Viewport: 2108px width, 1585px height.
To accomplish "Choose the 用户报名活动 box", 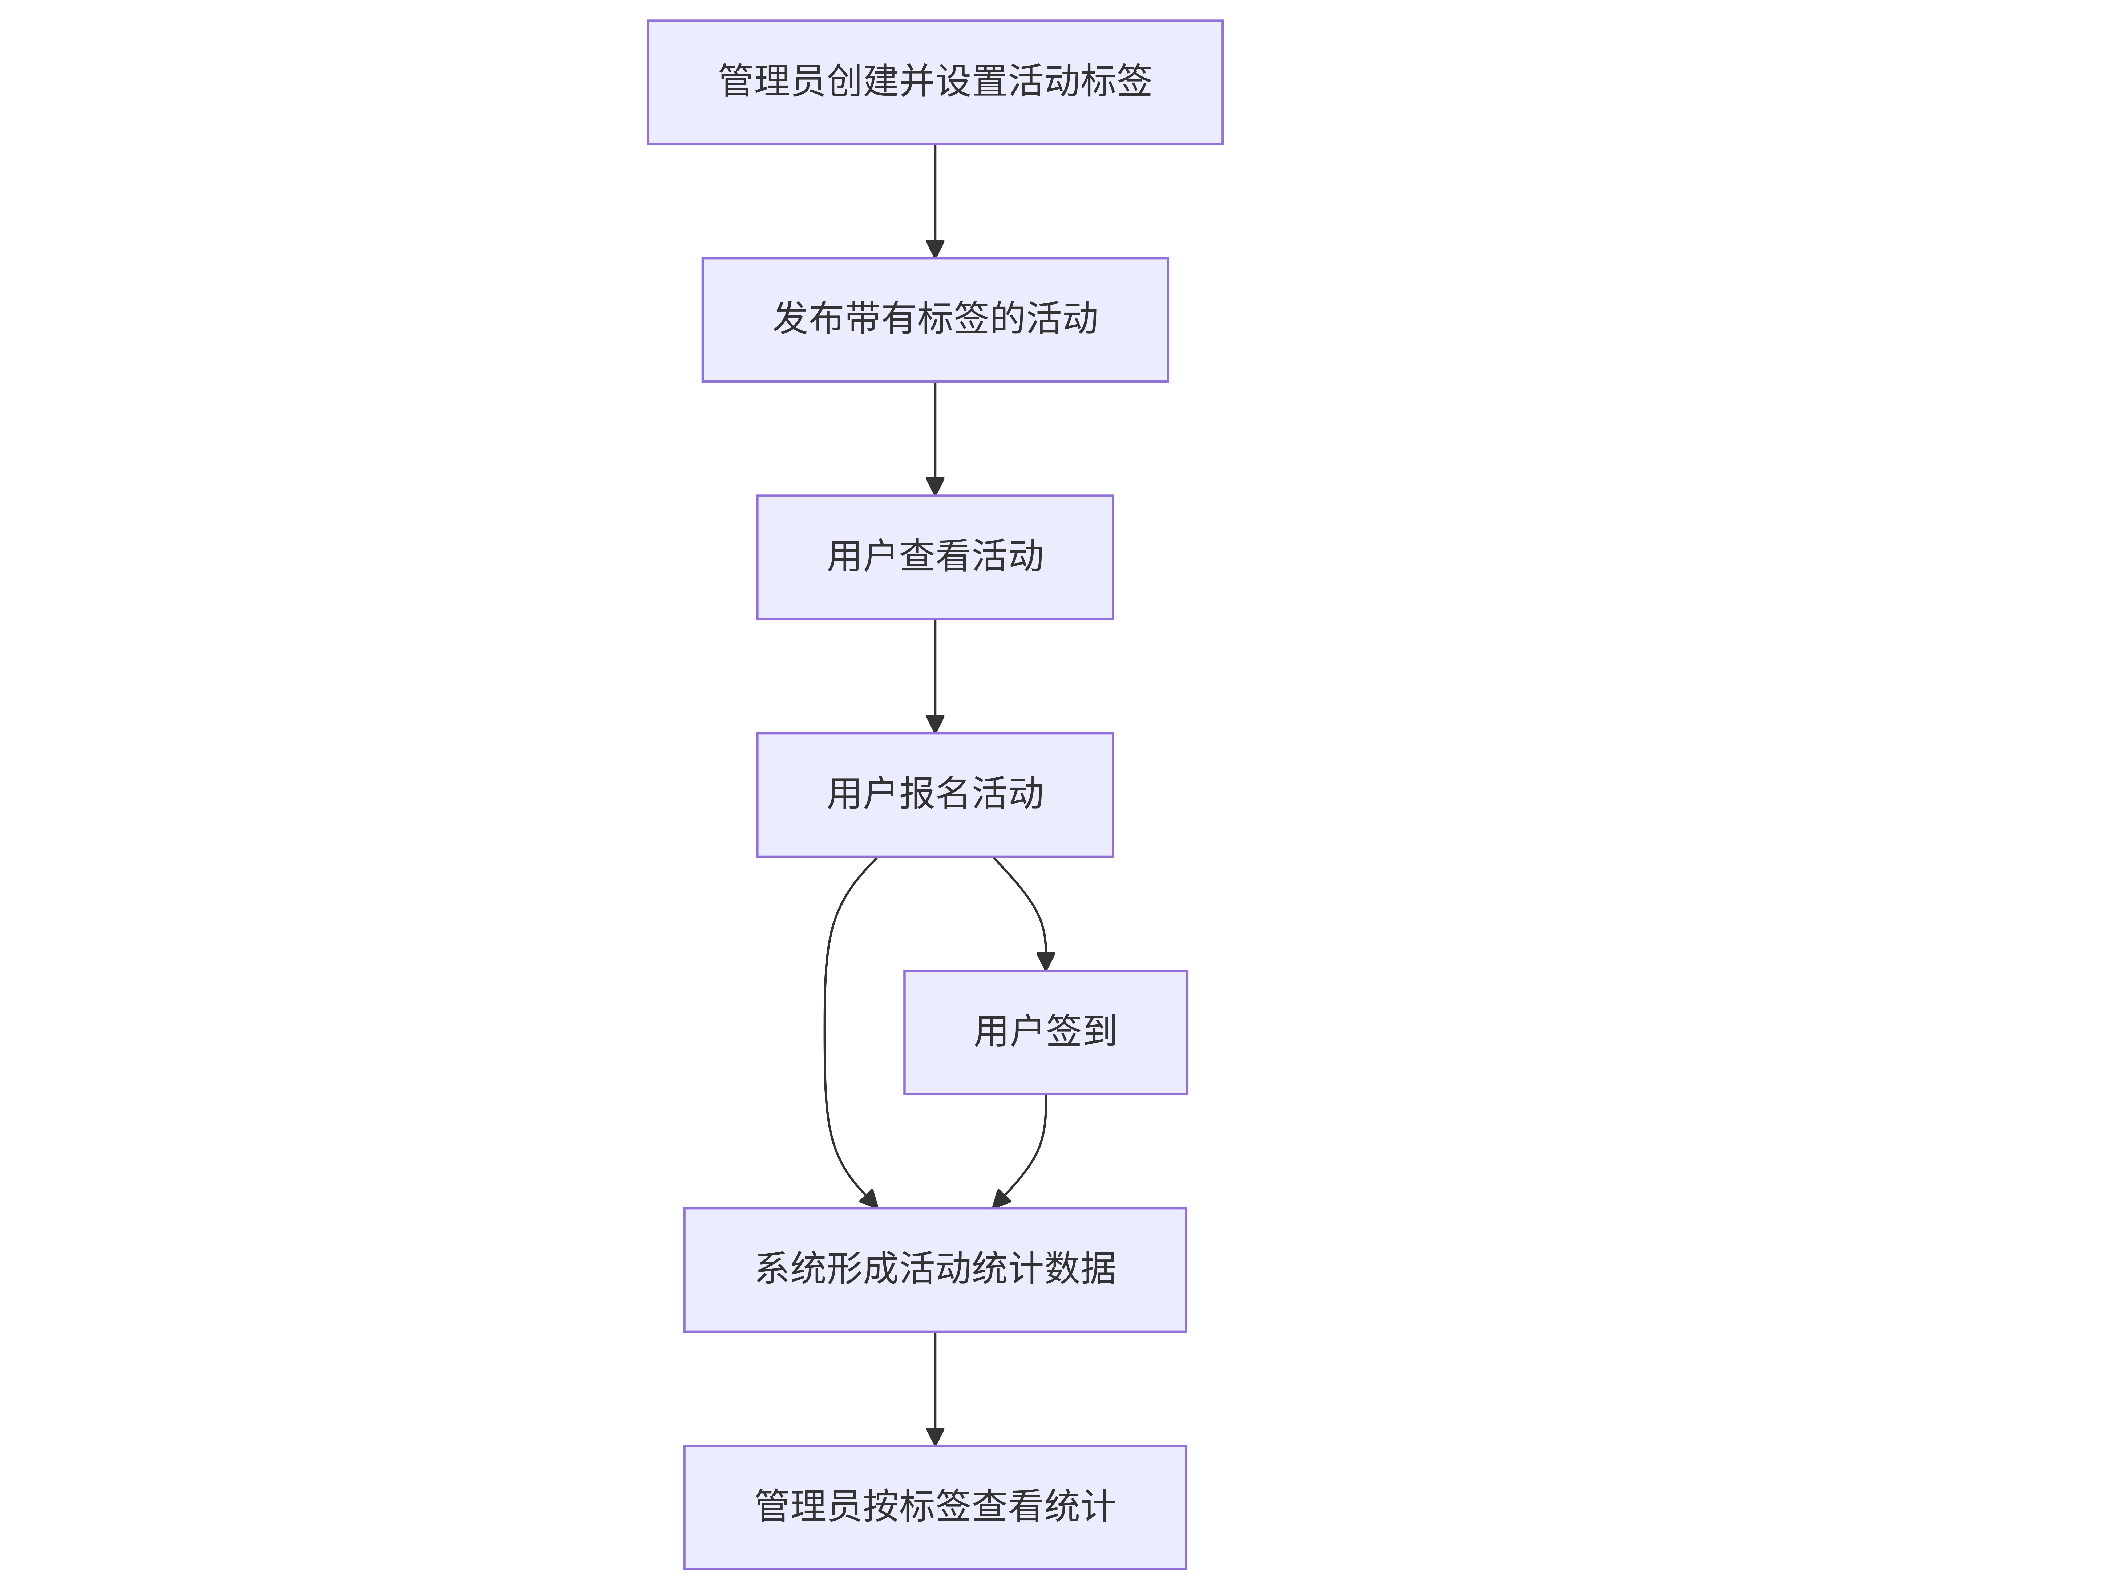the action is click(x=935, y=795).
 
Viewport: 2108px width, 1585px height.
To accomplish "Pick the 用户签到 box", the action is click(x=1045, y=1032).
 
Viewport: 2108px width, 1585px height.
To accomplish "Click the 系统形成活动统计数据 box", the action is click(x=935, y=1270).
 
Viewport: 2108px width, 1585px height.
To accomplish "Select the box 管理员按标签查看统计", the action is click(x=935, y=1507).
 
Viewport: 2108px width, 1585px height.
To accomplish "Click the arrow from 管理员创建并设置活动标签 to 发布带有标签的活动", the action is click(x=935, y=201).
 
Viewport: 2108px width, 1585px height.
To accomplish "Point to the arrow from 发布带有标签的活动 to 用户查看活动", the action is click(x=935, y=439).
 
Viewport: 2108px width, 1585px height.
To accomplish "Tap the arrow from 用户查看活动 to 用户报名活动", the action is click(x=935, y=676).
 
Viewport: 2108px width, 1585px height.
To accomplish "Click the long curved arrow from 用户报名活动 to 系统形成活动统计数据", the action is click(x=825, y=1032).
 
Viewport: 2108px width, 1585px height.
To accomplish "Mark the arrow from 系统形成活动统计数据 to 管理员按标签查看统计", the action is click(x=935, y=1389).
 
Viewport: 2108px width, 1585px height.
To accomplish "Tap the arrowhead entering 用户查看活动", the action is click(x=935, y=486).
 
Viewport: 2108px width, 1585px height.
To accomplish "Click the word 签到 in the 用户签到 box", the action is click(x=1082, y=1031).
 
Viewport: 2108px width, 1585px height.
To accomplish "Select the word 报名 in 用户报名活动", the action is click(x=935, y=794).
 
